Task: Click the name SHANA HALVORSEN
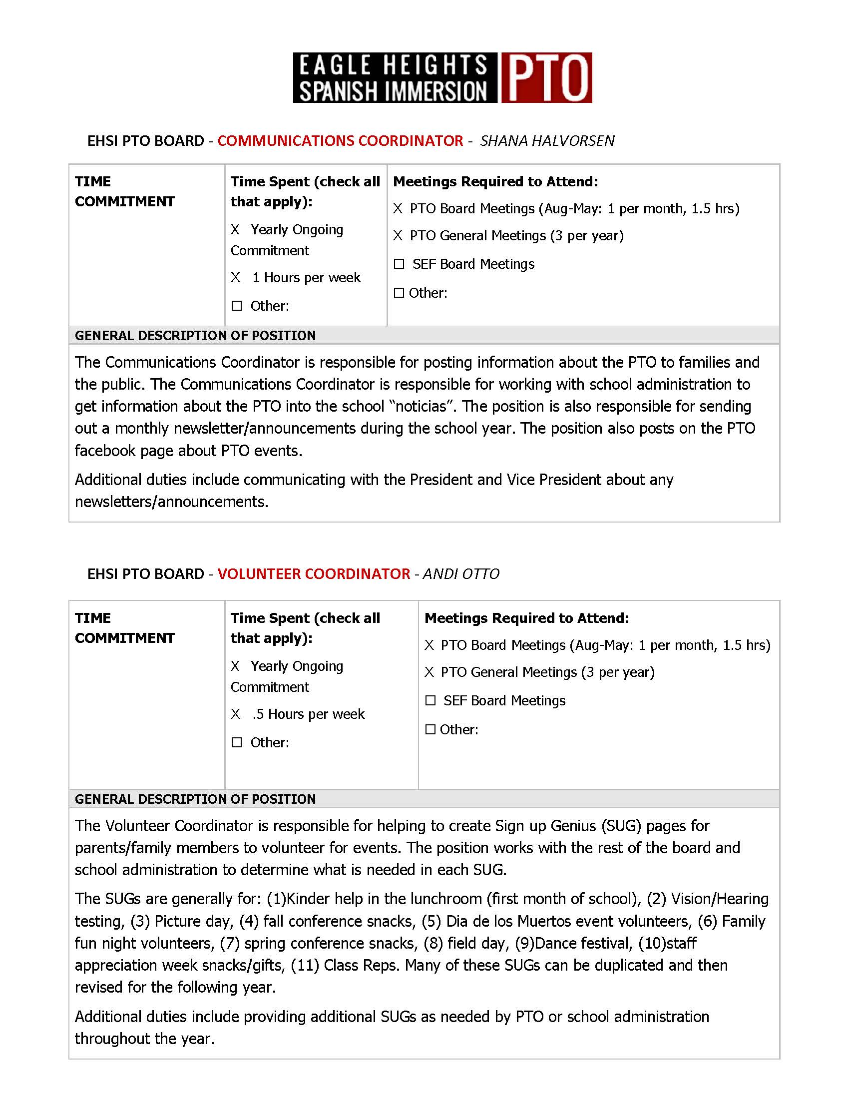coord(547,141)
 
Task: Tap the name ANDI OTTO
coord(461,574)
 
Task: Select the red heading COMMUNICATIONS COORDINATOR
coord(340,141)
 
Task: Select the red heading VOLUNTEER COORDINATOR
coord(313,574)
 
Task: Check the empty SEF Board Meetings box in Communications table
coord(399,264)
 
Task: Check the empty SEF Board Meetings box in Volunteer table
coord(430,701)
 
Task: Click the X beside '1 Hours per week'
coord(235,278)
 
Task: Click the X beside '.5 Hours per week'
coord(235,714)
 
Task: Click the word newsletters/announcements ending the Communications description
coord(171,502)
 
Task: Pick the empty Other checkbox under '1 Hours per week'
coord(237,306)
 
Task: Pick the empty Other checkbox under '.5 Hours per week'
coord(237,743)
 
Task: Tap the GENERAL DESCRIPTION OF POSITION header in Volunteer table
coord(195,799)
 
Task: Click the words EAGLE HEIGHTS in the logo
coord(393,65)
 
